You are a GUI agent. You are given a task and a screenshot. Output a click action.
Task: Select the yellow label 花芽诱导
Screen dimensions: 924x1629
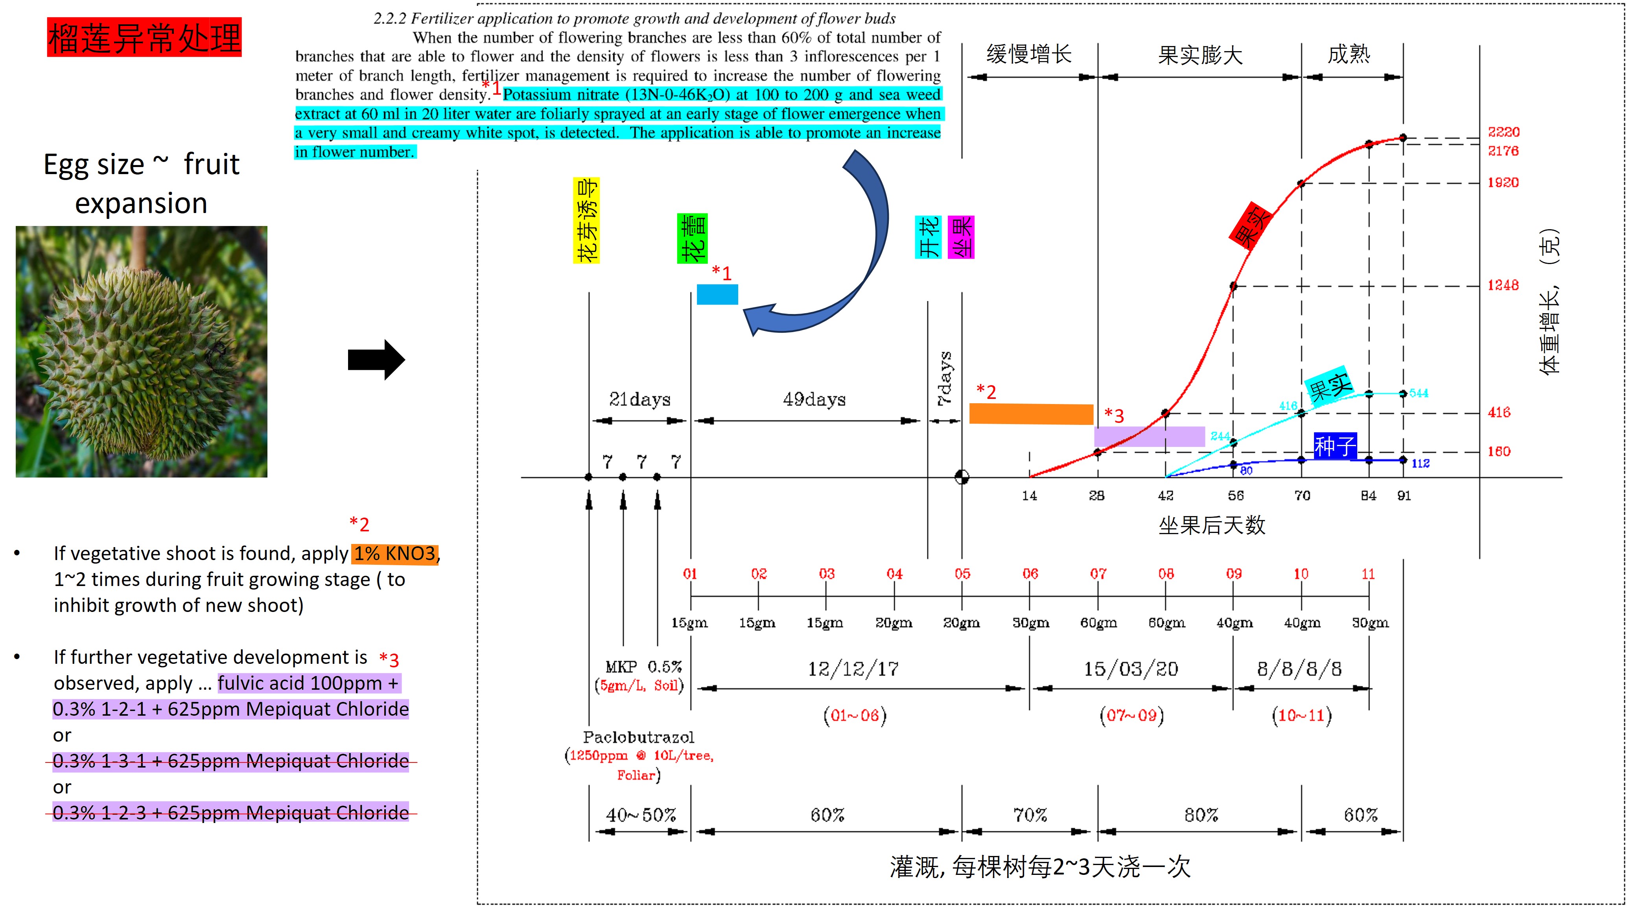[x=586, y=220]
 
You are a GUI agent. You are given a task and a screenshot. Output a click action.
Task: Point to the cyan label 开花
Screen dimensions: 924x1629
[x=928, y=237]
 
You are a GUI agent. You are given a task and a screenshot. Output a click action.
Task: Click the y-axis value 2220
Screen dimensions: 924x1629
[x=1503, y=132]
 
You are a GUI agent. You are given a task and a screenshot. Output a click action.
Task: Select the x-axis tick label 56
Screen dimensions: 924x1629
[x=1235, y=496]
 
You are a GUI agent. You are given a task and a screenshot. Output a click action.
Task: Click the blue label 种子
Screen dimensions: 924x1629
[x=1334, y=446]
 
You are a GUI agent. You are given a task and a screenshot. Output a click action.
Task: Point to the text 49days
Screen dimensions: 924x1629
[x=814, y=399]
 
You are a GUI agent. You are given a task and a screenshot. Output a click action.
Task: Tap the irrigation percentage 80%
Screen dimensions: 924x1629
[x=1200, y=815]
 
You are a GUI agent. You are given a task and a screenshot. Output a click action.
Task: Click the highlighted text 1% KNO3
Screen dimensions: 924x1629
[x=394, y=553]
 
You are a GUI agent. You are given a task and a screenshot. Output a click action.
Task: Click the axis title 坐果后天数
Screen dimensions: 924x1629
[x=1211, y=525]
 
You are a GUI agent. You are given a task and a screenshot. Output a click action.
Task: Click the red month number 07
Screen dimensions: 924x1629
[x=1098, y=574]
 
